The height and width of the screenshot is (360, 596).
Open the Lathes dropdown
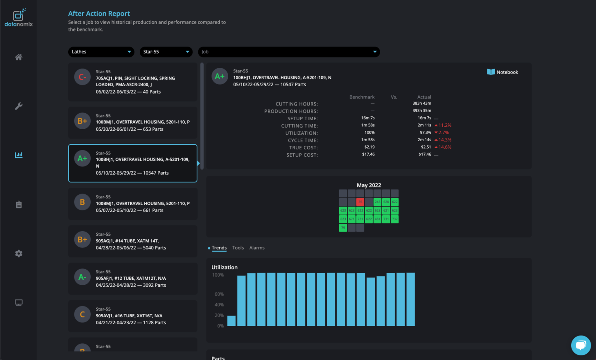(101, 52)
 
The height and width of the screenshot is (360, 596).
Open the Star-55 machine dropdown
(166, 52)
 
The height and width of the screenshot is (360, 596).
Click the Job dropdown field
(289, 52)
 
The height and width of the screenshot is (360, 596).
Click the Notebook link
(502, 72)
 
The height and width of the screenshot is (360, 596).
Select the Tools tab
(238, 248)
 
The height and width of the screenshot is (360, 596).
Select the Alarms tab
(257, 248)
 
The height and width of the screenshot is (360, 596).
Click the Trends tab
(219, 248)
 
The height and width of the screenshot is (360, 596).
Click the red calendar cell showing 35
(360, 202)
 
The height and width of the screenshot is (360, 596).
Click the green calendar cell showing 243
(377, 202)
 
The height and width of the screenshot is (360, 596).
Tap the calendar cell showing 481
(377, 219)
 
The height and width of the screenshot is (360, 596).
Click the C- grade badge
(82, 77)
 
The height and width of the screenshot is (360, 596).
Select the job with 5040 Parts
(133, 241)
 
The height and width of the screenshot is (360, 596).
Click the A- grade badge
(82, 277)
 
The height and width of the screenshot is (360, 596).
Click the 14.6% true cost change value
(445, 147)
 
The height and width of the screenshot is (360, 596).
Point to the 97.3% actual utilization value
(425, 133)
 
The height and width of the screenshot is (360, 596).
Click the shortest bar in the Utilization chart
(231, 321)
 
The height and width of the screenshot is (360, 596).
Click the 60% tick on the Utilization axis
(219, 294)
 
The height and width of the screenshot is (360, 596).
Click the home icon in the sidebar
(19, 57)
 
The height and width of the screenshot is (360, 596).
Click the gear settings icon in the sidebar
(19, 254)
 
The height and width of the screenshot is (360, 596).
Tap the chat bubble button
(581, 345)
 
